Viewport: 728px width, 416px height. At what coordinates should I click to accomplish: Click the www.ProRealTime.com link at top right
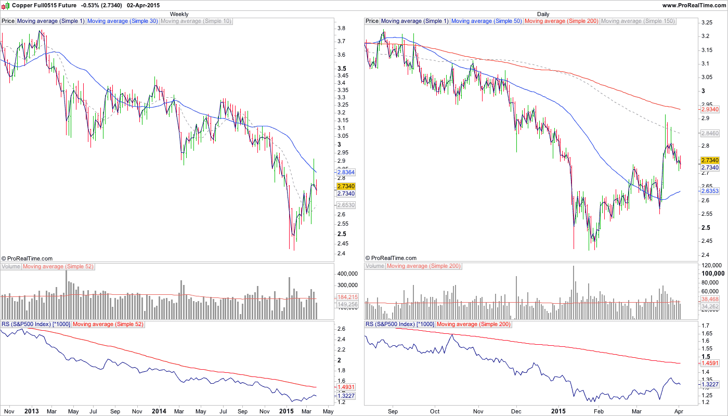point(694,5)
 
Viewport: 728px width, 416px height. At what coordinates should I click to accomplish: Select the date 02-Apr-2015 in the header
point(144,5)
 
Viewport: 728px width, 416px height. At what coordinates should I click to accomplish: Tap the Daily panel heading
point(543,14)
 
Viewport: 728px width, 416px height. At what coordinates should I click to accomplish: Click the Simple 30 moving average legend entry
point(123,21)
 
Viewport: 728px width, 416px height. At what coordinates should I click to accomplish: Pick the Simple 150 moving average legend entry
point(638,21)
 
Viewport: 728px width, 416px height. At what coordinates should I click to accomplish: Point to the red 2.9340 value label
point(710,110)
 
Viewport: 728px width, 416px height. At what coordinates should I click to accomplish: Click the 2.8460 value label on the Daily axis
point(710,133)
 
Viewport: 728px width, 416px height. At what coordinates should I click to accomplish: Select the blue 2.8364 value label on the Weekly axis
point(346,172)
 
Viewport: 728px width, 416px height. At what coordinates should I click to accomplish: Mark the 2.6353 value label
point(710,191)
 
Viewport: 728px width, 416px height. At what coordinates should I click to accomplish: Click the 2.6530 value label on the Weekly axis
point(346,205)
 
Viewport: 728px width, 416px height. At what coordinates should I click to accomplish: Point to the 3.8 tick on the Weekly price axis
point(342,28)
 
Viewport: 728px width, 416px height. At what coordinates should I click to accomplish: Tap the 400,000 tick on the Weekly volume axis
point(347,274)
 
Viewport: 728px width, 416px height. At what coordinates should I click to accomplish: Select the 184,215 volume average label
point(347,297)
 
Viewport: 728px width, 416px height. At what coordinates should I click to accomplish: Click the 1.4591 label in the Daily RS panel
point(710,363)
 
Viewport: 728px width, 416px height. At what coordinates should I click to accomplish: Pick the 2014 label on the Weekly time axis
point(159,411)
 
